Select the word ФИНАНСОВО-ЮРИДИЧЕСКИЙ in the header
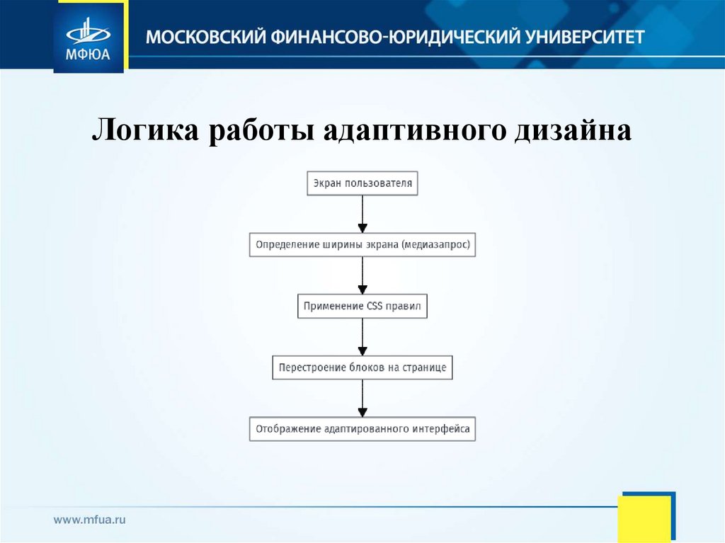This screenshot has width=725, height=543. (x=386, y=36)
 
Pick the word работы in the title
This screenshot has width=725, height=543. (x=261, y=131)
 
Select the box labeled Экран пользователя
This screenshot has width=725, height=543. (x=362, y=183)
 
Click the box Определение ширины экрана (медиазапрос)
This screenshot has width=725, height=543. (x=362, y=245)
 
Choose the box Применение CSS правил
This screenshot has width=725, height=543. (x=362, y=307)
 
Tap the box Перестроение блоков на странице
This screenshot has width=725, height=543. (x=362, y=367)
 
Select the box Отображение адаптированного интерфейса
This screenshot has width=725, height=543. (x=362, y=429)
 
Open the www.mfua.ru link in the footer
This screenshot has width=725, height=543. (x=89, y=520)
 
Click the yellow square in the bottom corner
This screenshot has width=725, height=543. (x=644, y=518)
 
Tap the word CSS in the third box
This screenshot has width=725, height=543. (x=375, y=307)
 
